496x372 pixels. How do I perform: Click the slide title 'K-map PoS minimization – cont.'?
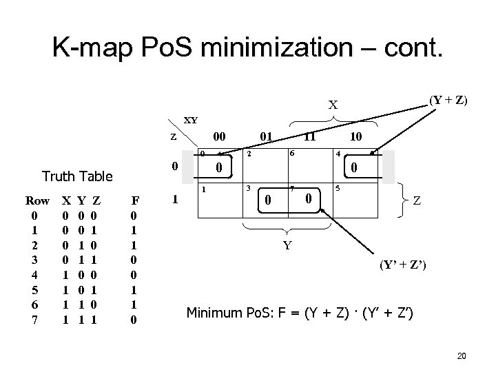(x=249, y=48)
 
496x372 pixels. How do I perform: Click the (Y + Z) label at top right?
(x=448, y=100)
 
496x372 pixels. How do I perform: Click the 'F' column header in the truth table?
(x=136, y=201)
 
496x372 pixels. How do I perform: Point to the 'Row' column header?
(x=37, y=201)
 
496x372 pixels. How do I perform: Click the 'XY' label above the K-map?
(x=190, y=120)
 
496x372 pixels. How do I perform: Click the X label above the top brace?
(x=333, y=105)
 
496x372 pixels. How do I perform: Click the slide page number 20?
(x=462, y=355)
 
